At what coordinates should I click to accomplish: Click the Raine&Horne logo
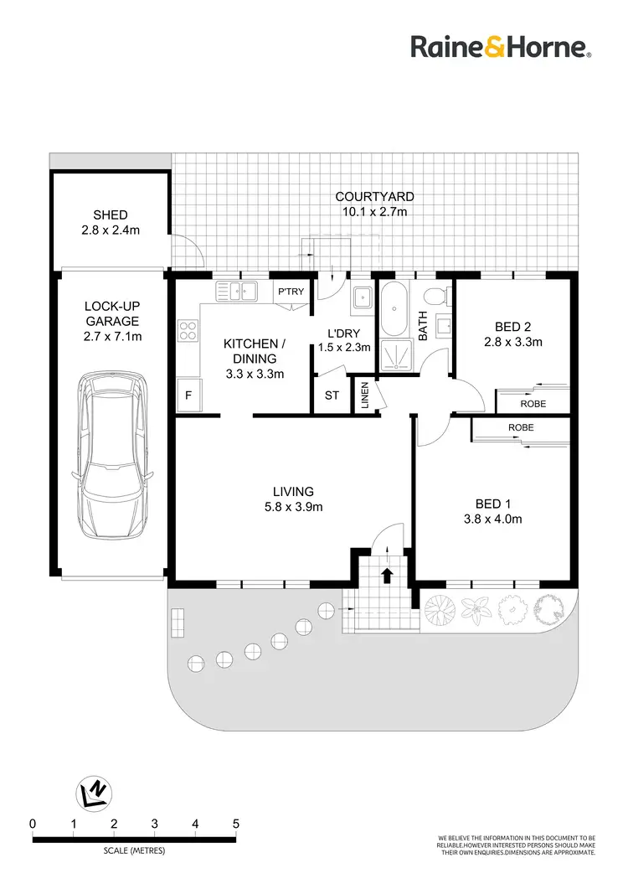point(501,47)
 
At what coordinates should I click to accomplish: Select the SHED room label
point(111,222)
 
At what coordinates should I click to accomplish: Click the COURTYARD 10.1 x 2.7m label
point(374,204)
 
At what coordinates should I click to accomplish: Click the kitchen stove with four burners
point(188,332)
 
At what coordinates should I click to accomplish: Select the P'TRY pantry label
point(291,292)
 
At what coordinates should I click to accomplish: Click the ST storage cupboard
point(332,395)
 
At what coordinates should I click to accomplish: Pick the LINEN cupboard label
point(365,395)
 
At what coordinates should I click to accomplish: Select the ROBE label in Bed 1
point(520,427)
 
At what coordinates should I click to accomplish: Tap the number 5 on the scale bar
point(235,824)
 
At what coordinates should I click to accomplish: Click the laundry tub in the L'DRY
point(362,297)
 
